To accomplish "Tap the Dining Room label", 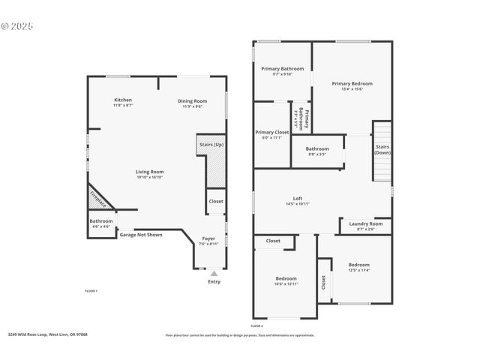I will click(192, 103).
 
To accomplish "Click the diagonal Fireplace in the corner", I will click(98, 198).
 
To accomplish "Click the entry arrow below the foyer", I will click(214, 274).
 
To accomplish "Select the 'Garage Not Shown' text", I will click(141, 235).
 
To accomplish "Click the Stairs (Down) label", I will click(382, 149).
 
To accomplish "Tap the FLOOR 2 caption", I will click(256, 326).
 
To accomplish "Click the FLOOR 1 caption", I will click(90, 290).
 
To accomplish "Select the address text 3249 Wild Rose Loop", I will click(48, 334).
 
